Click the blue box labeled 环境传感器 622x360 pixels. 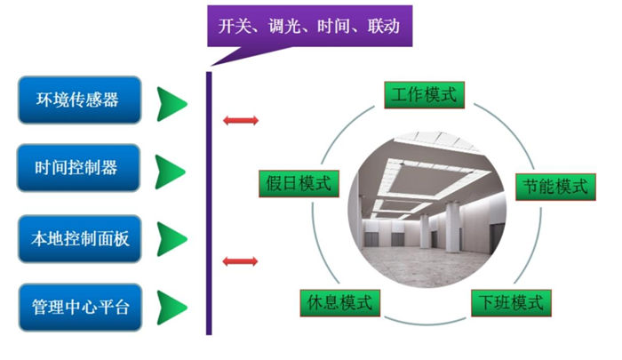[80, 100]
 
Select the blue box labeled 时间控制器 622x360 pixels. [80, 168]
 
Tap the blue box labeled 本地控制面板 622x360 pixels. [80, 239]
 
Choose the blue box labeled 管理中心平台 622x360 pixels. [80, 307]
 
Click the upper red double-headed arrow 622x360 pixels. [240, 120]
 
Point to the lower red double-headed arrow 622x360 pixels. [240, 260]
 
